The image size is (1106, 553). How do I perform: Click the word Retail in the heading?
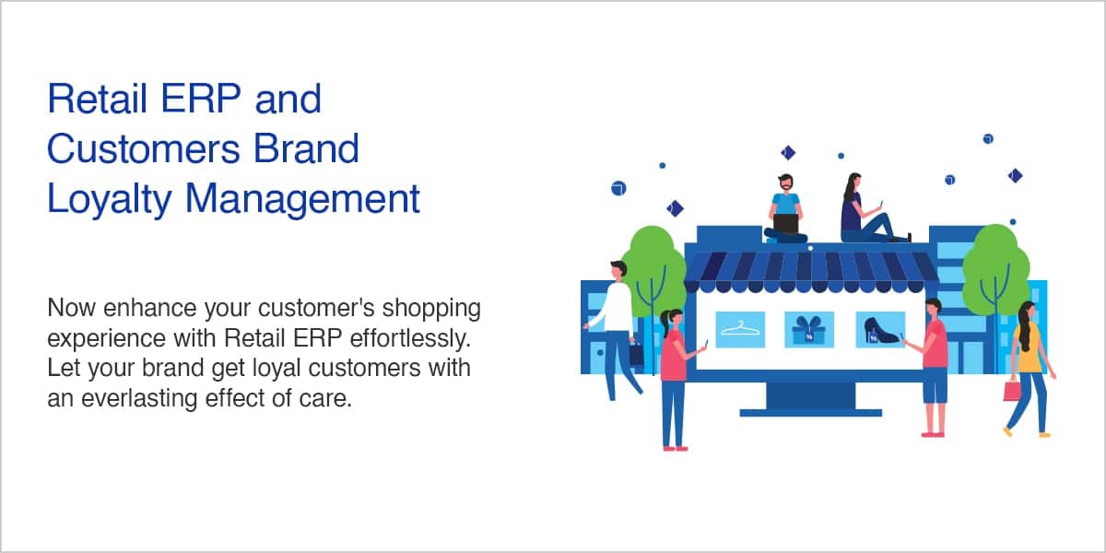[98, 99]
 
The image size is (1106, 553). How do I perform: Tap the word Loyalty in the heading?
[109, 199]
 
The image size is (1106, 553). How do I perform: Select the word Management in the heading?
[302, 199]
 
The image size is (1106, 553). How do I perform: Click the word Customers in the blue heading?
[143, 148]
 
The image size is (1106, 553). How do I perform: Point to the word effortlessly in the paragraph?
[410, 339]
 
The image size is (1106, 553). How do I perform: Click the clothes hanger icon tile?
[740, 329]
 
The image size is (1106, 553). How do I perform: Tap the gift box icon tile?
[809, 329]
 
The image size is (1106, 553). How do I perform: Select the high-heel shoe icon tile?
[880, 329]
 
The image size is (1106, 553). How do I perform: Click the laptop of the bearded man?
[786, 224]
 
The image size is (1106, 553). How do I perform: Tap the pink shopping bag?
[1012, 391]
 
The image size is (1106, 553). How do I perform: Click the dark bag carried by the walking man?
[637, 355]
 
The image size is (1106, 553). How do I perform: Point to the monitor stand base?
[810, 413]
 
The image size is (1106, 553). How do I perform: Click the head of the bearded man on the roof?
[785, 182]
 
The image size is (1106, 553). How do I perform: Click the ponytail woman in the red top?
[678, 379]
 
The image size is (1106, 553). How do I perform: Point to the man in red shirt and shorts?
[931, 368]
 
